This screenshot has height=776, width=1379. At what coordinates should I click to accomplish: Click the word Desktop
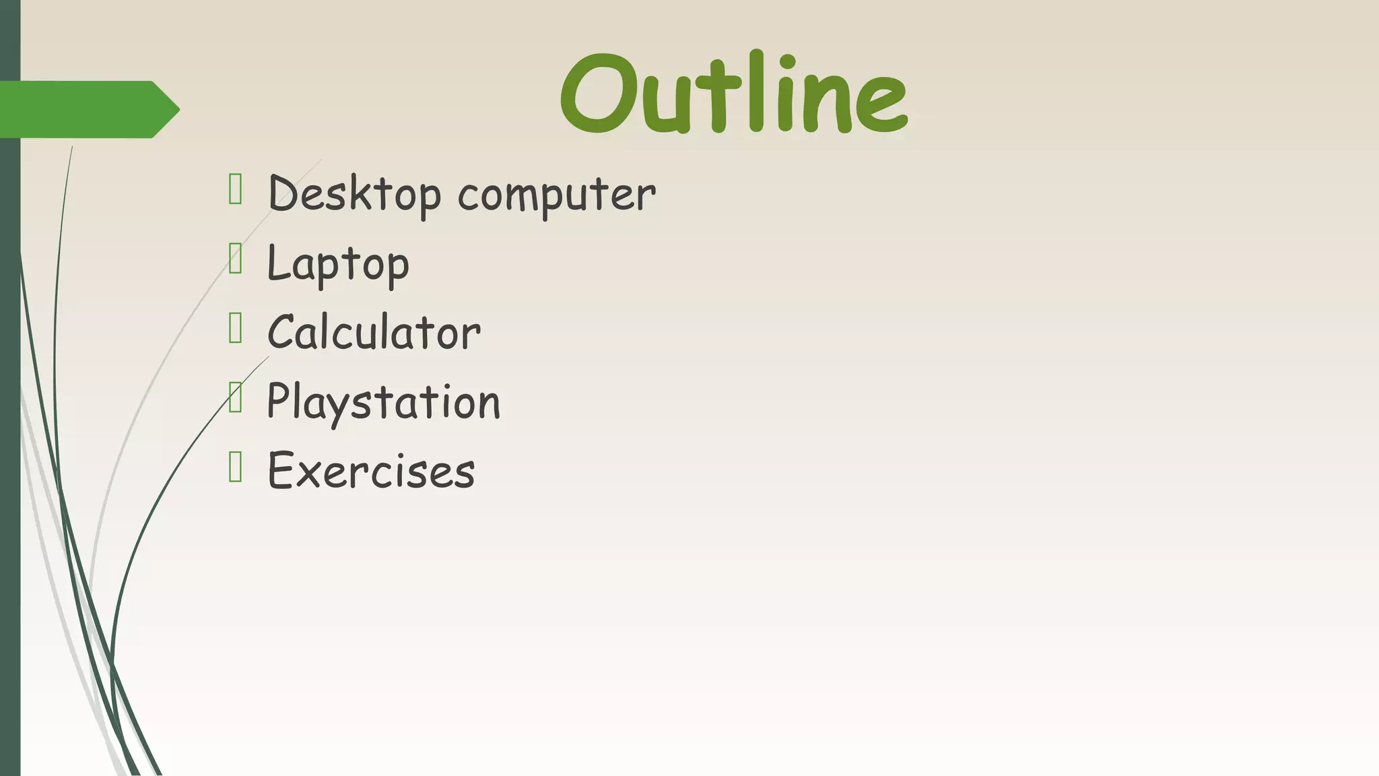[x=354, y=194]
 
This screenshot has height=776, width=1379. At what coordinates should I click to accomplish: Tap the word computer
[x=556, y=195]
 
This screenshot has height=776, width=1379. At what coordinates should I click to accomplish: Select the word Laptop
[x=338, y=264]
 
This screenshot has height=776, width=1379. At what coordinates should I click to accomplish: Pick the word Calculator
[x=374, y=332]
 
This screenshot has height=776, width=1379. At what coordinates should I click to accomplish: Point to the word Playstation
[x=383, y=402]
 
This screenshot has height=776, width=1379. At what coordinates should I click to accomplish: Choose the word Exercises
[x=371, y=470]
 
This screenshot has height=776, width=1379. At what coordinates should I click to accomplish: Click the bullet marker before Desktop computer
[x=235, y=189]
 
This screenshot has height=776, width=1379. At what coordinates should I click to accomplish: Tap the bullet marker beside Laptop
[x=235, y=259]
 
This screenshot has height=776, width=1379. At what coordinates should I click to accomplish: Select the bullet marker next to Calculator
[x=235, y=328]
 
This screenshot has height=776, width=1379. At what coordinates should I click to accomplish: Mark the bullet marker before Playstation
[x=235, y=397]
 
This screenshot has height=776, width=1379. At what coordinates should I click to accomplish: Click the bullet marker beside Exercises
[x=235, y=467]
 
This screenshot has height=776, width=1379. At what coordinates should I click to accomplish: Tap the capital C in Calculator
[x=283, y=332]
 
